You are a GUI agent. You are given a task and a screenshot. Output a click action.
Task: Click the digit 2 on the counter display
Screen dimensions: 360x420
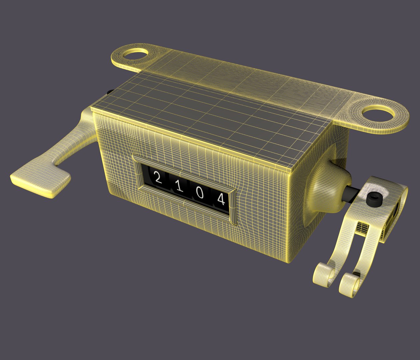point(158,178)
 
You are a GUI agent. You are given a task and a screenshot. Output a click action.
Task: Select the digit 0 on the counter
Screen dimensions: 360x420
point(200,193)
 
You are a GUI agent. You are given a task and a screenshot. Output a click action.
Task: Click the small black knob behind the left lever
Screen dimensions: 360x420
point(109,92)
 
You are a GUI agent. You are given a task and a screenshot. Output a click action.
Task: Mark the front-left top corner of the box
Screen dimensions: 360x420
point(92,108)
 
